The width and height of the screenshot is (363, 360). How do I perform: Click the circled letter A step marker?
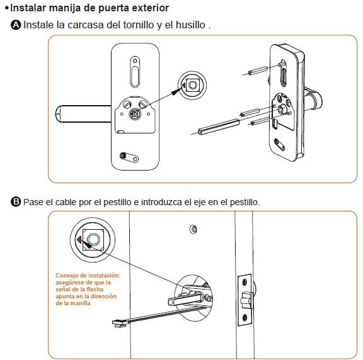coord(16,25)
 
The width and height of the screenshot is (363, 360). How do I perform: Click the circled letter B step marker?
coord(16,201)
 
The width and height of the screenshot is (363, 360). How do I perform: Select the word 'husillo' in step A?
coord(190,25)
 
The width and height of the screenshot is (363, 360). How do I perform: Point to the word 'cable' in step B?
coord(66,202)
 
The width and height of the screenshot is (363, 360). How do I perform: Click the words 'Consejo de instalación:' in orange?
coord(88,276)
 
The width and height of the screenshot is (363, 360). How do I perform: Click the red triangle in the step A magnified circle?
coord(184,86)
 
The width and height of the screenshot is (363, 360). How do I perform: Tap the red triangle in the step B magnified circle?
coord(79,240)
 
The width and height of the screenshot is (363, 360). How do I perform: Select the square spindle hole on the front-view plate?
coord(135,114)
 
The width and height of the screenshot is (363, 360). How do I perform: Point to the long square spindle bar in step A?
coord(218,127)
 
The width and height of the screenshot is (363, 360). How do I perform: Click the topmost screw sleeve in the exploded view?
coord(258,70)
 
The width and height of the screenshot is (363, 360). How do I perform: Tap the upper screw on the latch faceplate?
coord(245,282)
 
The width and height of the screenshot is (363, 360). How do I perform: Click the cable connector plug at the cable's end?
coord(120,323)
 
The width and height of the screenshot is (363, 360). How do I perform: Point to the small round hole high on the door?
coord(193,229)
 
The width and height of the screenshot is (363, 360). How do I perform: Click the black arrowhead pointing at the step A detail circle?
coord(176,91)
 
